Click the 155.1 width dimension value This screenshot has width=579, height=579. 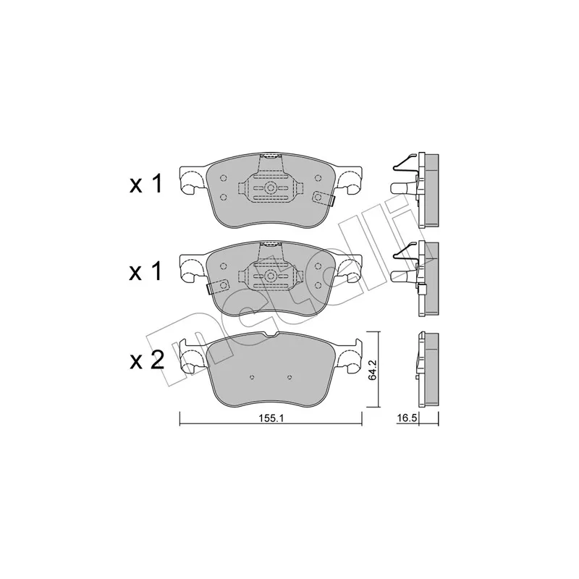coord(271,418)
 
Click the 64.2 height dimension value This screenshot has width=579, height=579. coord(373,370)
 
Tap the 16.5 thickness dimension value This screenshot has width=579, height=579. coord(407,418)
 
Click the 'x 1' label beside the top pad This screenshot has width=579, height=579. coord(145,185)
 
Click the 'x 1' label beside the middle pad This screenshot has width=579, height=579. coord(145,272)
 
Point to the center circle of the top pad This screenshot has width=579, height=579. coord(271,188)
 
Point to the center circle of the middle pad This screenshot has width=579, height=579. coord(271,276)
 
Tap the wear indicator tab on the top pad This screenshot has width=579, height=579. coord(324,198)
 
